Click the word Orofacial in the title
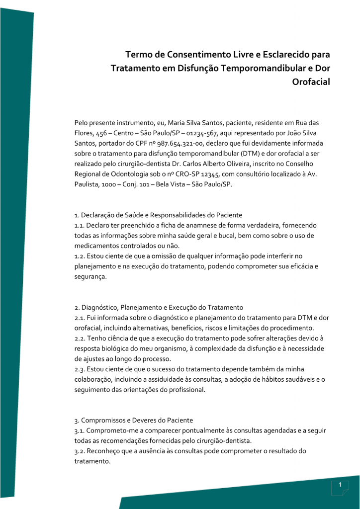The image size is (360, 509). coord(312,82)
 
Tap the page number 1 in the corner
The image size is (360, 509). coord(339,485)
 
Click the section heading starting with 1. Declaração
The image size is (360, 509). coord(158,215)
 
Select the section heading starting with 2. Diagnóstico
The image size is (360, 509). coord(159,307)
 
